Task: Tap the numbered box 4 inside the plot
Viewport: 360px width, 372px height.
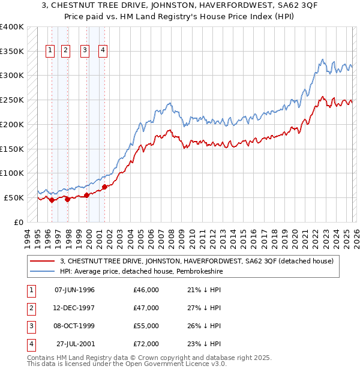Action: pyautogui.click(x=103, y=50)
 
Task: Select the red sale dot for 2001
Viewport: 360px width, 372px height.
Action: pyautogui.click(x=105, y=187)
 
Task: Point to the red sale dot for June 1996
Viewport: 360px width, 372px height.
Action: pyautogui.click(x=52, y=200)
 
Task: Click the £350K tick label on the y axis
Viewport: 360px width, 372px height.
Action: pyautogui.click(x=12, y=51)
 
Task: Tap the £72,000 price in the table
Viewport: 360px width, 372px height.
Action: pyautogui.click(x=146, y=344)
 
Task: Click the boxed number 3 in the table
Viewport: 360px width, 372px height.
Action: pyautogui.click(x=29, y=326)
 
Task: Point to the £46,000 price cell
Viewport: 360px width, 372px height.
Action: pyautogui.click(x=146, y=290)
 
